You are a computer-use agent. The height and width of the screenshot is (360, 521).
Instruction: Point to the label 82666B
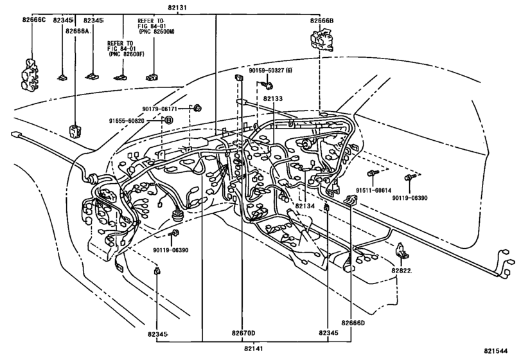(x=321, y=21)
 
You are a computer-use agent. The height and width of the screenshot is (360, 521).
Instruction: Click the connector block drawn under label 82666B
(x=321, y=42)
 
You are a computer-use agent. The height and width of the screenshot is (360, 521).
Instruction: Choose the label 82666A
(x=78, y=30)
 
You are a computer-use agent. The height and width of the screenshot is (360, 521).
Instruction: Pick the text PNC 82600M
(x=154, y=37)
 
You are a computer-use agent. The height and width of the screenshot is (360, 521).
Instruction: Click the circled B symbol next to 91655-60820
(x=168, y=120)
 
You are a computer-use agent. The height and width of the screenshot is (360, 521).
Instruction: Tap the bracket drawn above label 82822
(x=401, y=251)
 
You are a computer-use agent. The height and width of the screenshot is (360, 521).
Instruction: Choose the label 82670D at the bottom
(x=243, y=333)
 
